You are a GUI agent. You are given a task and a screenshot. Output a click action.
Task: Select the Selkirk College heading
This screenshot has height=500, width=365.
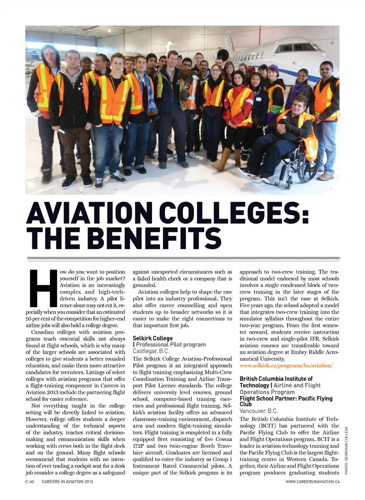[152, 338]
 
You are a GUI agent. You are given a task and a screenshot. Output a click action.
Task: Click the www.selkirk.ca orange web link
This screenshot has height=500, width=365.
[286, 366]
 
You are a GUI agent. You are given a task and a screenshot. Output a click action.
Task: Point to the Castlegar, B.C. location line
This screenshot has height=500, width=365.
[151, 351]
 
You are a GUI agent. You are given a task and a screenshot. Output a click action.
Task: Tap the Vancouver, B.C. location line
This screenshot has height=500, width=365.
[259, 411]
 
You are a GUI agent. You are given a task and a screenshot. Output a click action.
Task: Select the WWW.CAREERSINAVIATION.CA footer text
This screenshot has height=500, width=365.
[313, 482]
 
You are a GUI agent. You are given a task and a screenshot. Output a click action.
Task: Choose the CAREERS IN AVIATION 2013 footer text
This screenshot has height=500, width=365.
[67, 482]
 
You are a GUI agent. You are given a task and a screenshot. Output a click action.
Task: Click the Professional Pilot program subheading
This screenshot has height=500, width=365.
[171, 345]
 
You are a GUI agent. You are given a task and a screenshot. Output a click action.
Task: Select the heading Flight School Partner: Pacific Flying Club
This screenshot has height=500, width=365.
[286, 401]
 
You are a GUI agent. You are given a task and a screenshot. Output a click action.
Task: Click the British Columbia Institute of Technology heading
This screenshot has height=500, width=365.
[276, 382]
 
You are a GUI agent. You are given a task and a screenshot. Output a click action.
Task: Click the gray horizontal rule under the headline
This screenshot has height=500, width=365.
[183, 258]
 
